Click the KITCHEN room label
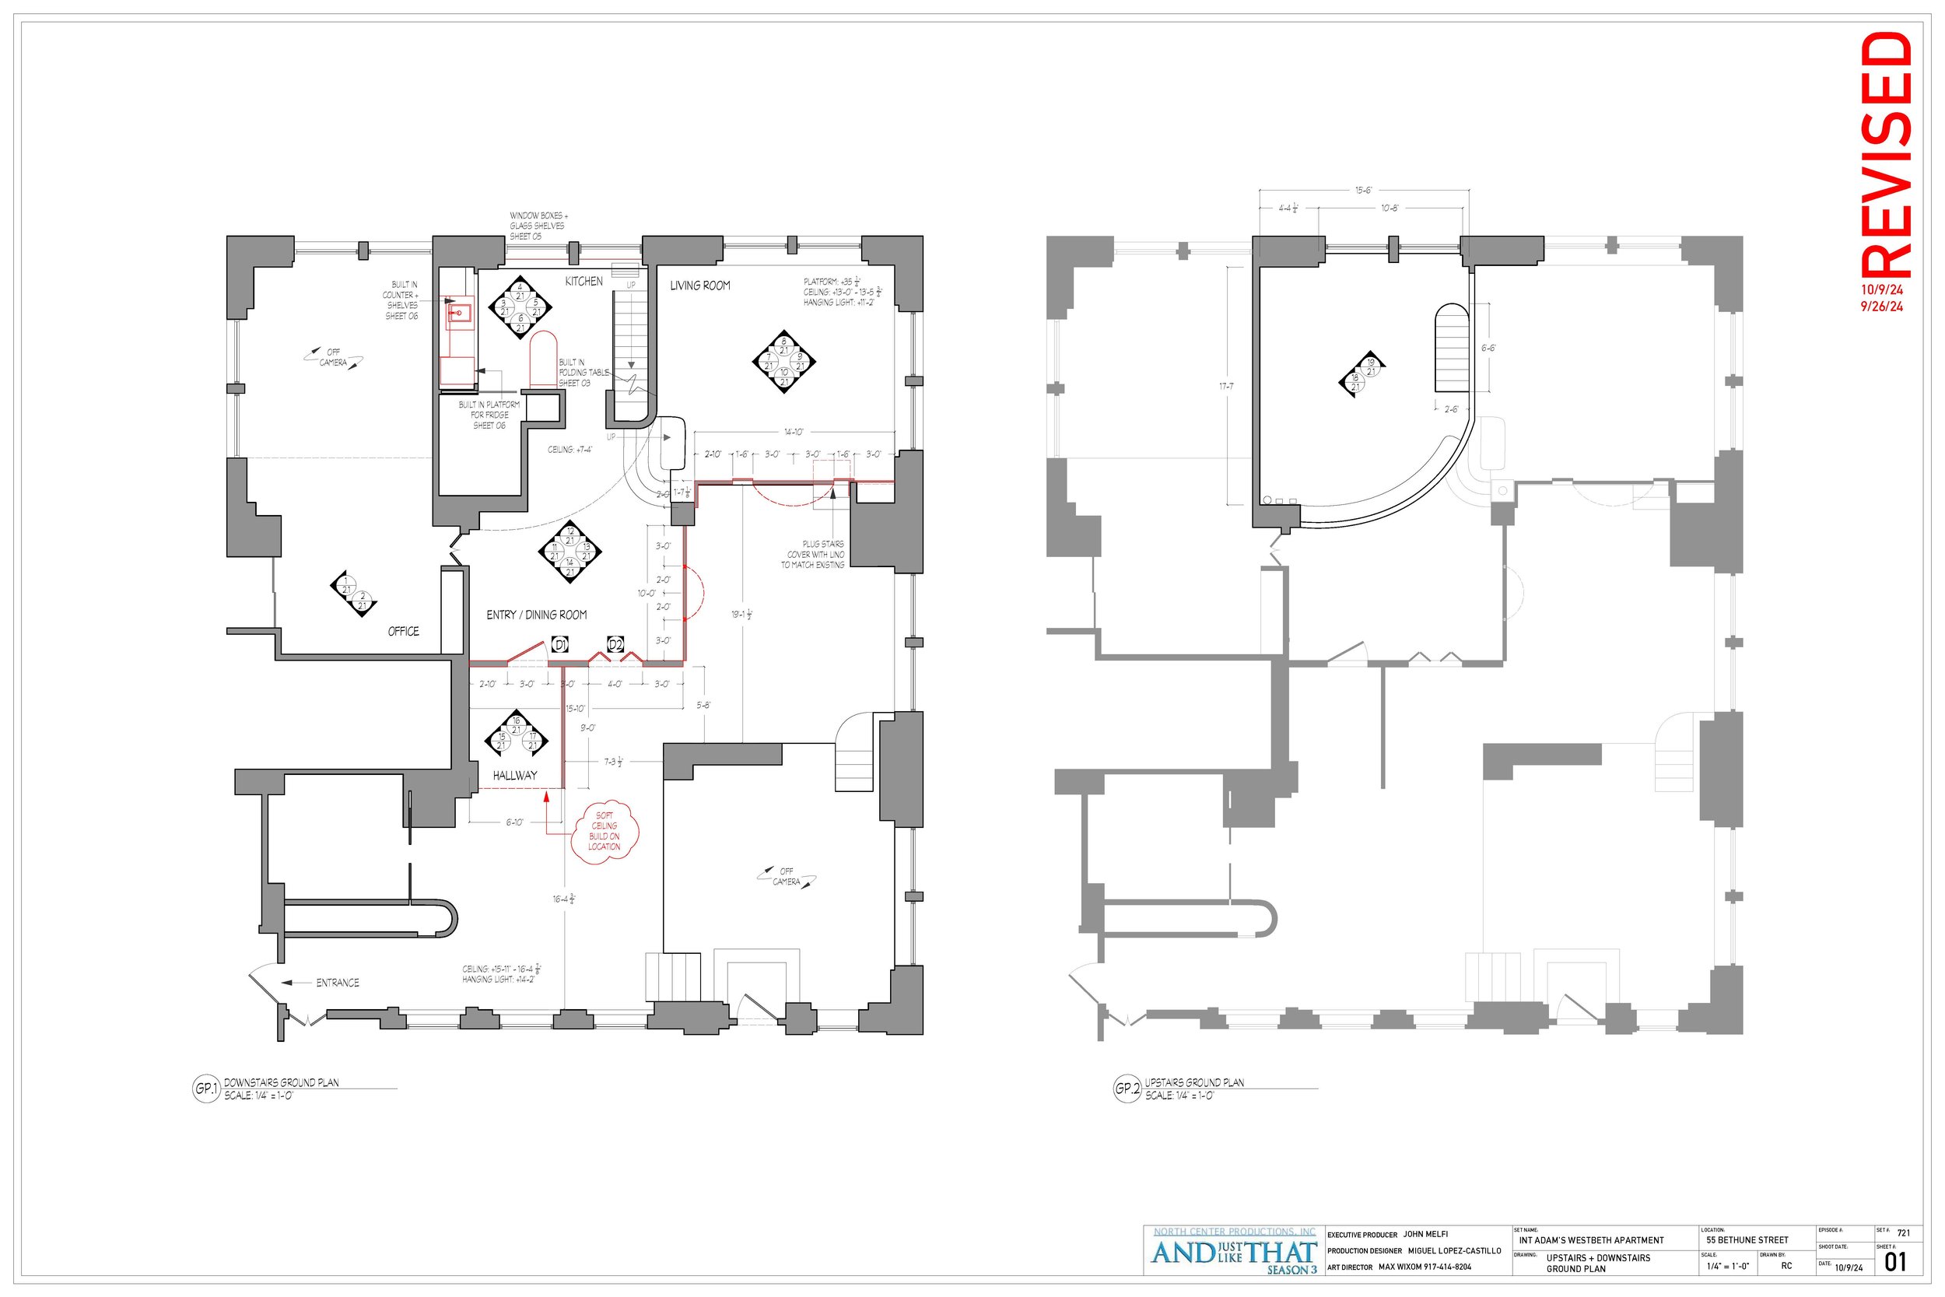click(x=583, y=281)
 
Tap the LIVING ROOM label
click(x=699, y=286)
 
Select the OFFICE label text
click(x=404, y=631)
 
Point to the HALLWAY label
click(x=514, y=775)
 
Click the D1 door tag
click(x=560, y=644)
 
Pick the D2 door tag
click(x=615, y=644)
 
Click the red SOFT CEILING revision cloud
click(x=605, y=830)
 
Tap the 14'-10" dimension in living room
click(x=793, y=432)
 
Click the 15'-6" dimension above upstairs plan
click(x=1364, y=191)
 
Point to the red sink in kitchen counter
click(x=460, y=312)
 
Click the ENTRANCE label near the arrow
click(x=338, y=983)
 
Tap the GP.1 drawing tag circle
click(x=205, y=1088)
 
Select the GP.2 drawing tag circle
click(x=1127, y=1088)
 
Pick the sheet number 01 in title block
click(x=1894, y=1262)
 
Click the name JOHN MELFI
click(x=1425, y=1234)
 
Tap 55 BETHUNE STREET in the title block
click(x=1747, y=1240)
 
